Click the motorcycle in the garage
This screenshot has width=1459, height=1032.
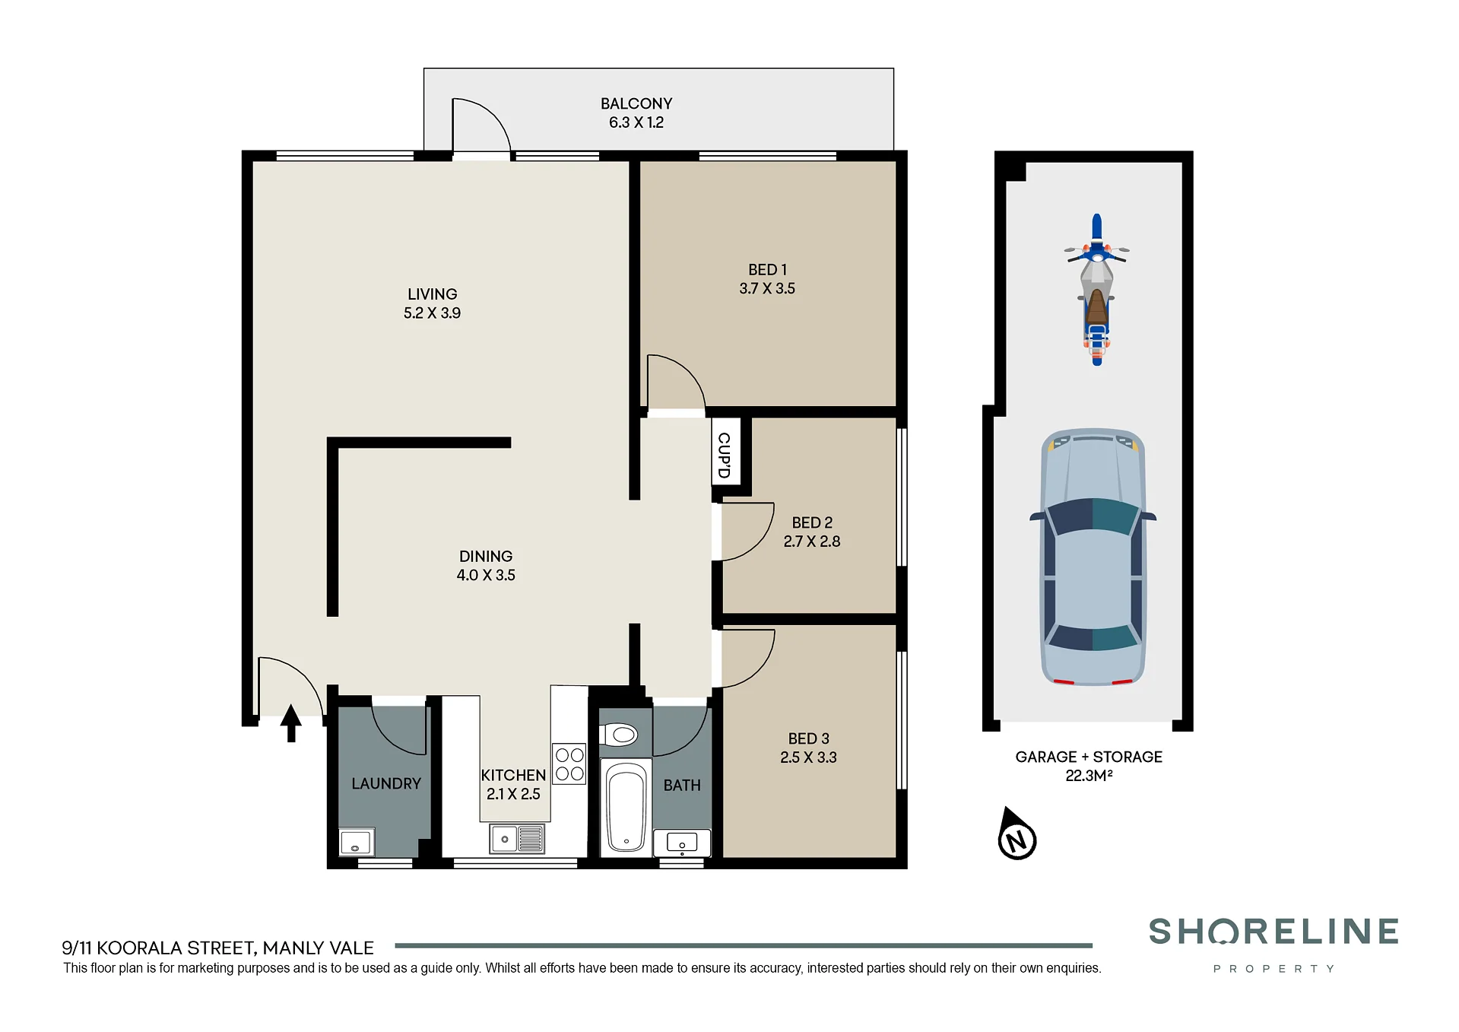pos(1096,289)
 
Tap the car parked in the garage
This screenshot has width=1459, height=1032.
pos(1093,557)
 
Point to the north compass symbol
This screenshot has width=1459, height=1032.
pos(1017,834)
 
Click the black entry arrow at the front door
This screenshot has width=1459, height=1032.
pos(290,722)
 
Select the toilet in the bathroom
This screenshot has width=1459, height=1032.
pos(618,735)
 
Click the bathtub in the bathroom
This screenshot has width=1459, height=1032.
pos(626,807)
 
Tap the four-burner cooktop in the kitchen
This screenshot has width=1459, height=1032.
pos(569,764)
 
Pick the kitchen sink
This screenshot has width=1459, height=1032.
pos(517,839)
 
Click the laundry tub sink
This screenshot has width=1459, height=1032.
pos(356,842)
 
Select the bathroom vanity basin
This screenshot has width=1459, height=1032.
pos(682,843)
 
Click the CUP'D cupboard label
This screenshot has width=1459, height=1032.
pos(725,455)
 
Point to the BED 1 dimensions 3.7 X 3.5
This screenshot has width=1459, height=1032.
pos(767,289)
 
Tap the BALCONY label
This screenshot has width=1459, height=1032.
pos(636,103)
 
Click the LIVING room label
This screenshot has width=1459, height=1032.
pos(433,294)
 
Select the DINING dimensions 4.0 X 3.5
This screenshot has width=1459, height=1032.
pos(486,576)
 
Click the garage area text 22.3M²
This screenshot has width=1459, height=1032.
pos(1089,776)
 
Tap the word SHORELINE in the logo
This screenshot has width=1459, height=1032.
pos(1273,932)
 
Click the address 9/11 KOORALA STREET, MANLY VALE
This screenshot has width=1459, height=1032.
pos(217,948)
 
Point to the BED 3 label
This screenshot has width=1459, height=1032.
pos(808,738)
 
